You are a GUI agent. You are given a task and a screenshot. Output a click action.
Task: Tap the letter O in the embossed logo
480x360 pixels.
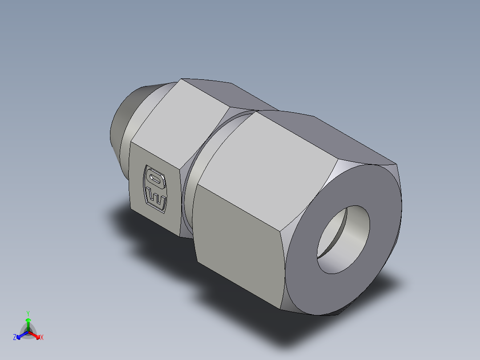(x=155, y=179)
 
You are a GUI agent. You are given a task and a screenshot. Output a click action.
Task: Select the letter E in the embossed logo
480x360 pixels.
(x=156, y=200)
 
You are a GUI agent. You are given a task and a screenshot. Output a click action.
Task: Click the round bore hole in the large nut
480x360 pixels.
(x=343, y=239)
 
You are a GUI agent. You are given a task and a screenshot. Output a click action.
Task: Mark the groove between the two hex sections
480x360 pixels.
(x=191, y=178)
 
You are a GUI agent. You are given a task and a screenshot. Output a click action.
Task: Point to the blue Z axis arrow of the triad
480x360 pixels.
(x=20, y=335)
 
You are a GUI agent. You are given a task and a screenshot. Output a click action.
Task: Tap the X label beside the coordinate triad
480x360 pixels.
(x=42, y=338)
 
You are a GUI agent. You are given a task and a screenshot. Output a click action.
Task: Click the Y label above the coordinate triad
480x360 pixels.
(x=28, y=313)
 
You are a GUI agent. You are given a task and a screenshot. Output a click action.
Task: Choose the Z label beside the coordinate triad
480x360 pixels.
(x=15, y=338)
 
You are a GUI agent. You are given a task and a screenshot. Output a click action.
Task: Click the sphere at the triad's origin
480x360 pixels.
(x=28, y=331)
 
